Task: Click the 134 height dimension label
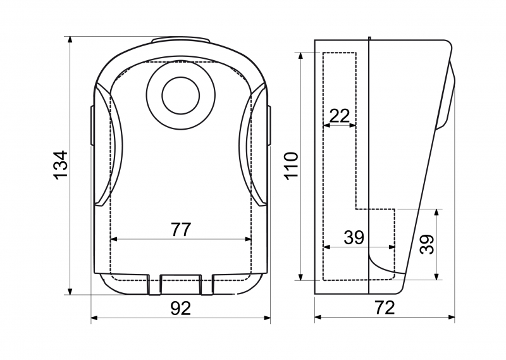point(60,164)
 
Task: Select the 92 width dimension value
point(181,308)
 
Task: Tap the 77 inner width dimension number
point(181,230)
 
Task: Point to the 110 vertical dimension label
point(291,166)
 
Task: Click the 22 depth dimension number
point(340,116)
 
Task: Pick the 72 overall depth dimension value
point(385,307)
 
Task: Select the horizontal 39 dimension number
point(354,237)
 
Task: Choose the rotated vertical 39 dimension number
point(428,244)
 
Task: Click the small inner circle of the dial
point(181,96)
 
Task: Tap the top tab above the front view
point(181,39)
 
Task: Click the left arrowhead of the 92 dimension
point(94,318)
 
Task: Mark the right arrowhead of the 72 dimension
point(452,318)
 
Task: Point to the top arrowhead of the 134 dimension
point(70,40)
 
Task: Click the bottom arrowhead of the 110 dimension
point(301,276)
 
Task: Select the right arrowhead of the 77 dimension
point(248,239)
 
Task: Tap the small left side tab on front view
point(92,126)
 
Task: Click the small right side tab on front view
point(269,126)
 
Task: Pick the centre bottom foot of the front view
point(181,285)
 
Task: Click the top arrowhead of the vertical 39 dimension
point(436,213)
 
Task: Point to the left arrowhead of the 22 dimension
point(326,125)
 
